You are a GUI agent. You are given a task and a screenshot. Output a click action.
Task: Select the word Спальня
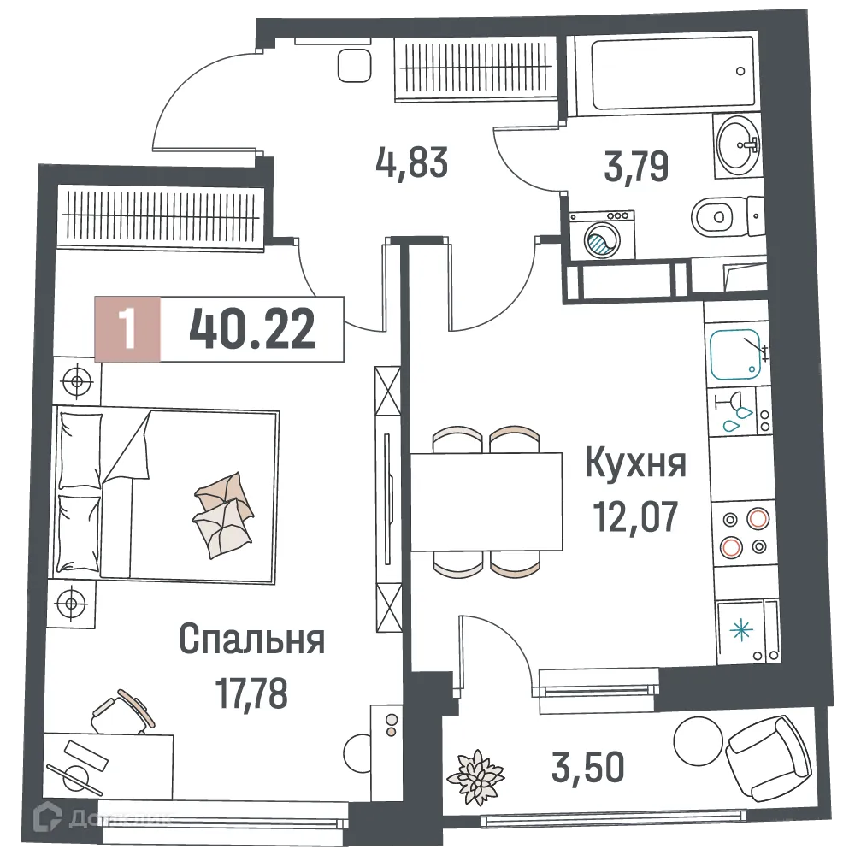click(252, 639)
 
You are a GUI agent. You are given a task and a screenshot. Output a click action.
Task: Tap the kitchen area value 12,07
click(634, 516)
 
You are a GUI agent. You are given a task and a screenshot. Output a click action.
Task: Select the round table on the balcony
click(699, 737)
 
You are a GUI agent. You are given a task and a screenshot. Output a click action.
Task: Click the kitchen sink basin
click(736, 352)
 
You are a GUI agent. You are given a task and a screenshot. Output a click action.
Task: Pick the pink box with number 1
click(127, 329)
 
